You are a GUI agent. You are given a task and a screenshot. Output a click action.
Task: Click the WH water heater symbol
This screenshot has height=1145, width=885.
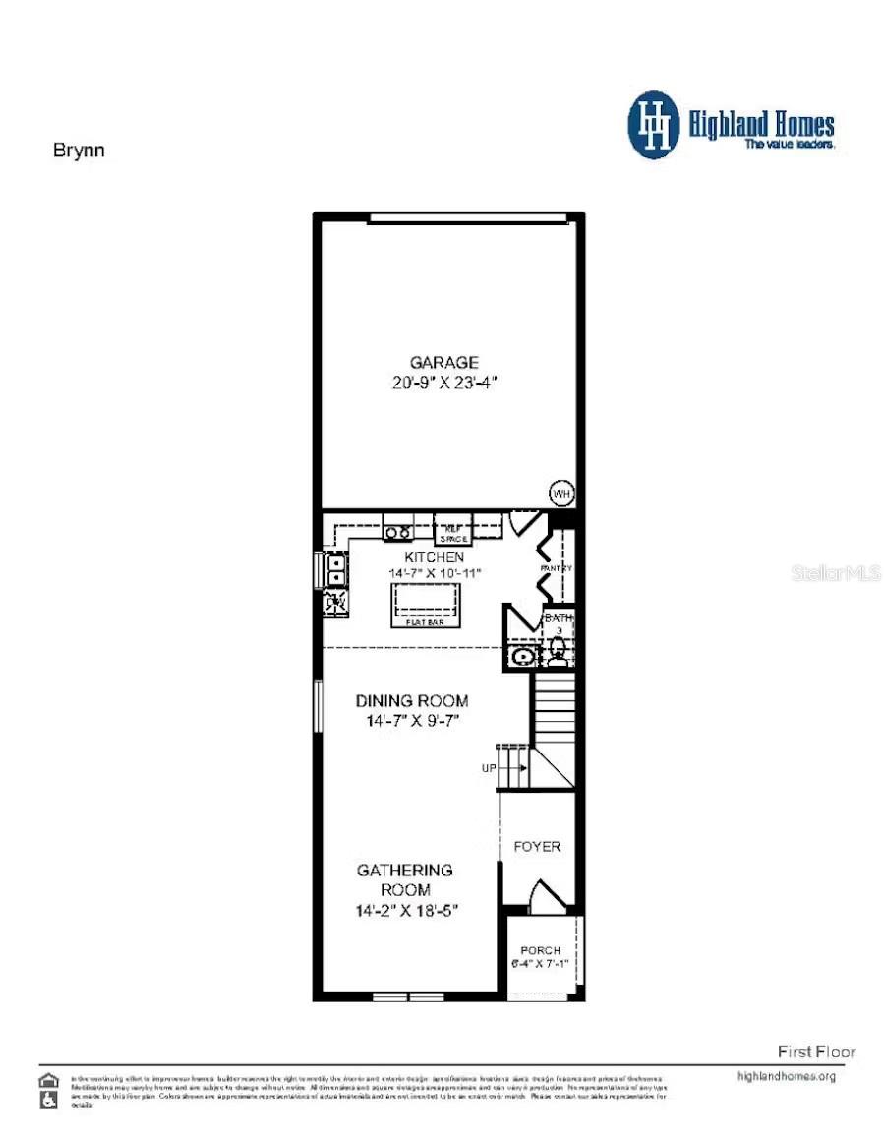(x=561, y=493)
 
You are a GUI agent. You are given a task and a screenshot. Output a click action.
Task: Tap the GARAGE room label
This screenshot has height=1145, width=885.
(x=445, y=362)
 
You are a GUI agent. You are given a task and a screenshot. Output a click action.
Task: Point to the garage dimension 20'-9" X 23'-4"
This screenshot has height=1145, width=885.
(x=445, y=382)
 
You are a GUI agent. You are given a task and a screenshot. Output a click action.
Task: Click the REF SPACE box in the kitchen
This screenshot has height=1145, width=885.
(x=453, y=531)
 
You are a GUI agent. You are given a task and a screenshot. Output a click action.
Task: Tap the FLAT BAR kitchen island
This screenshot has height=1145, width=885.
(x=426, y=602)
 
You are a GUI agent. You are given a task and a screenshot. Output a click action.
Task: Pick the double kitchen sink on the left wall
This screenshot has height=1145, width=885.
(x=335, y=570)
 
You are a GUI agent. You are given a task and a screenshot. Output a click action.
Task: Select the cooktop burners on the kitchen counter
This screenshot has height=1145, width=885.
(x=398, y=532)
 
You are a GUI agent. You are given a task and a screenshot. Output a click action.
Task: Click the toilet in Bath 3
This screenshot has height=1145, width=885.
(x=558, y=650)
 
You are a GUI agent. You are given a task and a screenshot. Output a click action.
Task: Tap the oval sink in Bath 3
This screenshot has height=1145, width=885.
(x=522, y=656)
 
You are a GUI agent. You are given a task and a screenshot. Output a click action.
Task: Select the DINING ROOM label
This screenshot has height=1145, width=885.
(x=411, y=701)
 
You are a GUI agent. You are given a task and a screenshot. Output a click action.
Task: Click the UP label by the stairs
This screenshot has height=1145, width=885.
(x=489, y=768)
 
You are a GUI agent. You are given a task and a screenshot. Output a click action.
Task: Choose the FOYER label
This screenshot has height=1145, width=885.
(x=537, y=846)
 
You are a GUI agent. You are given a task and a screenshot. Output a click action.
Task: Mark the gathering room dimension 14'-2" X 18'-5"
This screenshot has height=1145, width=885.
(x=407, y=911)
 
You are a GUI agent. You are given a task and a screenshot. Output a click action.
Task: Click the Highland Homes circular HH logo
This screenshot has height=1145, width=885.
(x=654, y=125)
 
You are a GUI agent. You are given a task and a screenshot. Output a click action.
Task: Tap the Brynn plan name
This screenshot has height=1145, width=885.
(x=78, y=151)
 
